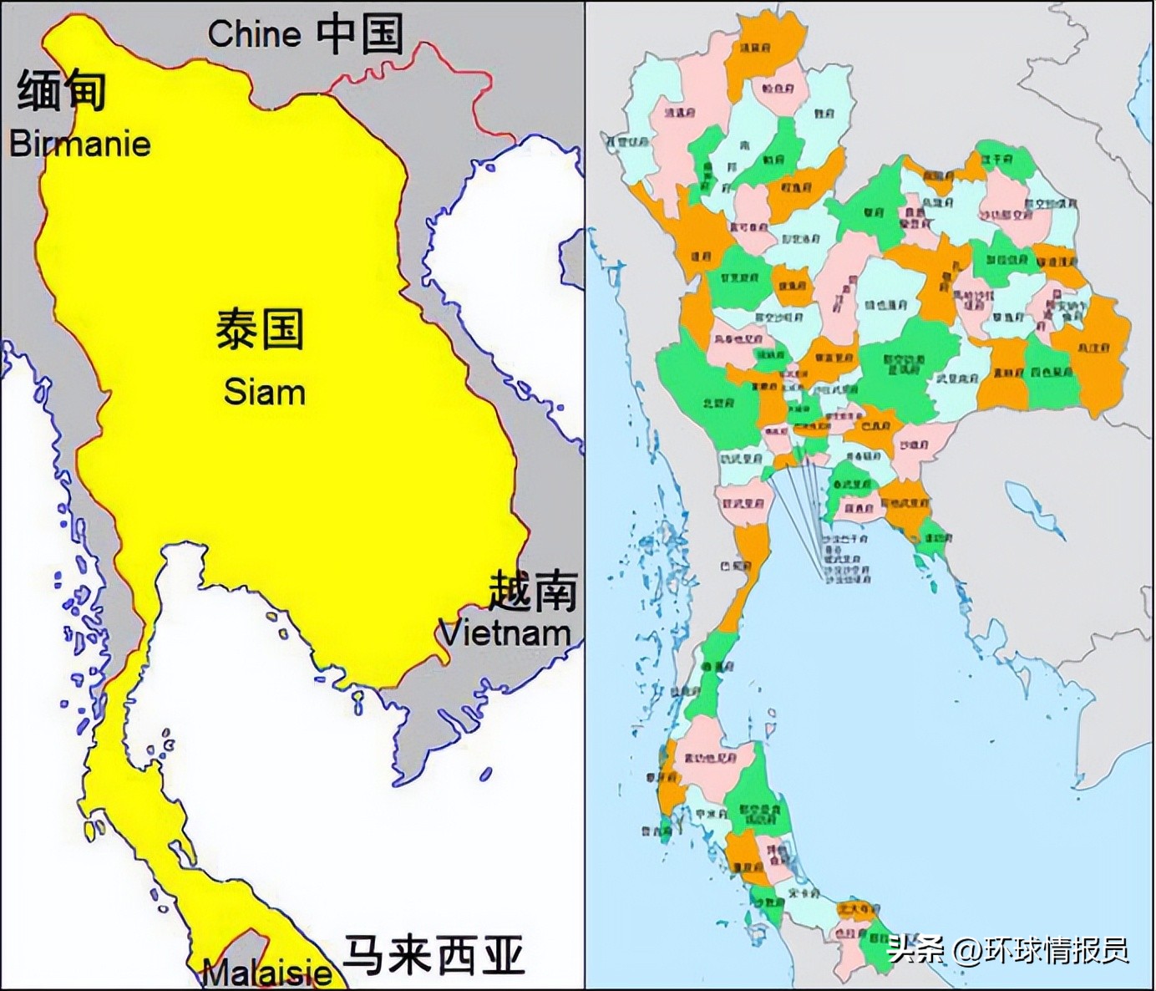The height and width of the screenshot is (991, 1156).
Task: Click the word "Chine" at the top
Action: point(254,34)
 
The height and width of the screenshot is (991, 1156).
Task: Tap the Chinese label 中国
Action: point(360,34)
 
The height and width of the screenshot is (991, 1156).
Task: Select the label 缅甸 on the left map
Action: point(62,90)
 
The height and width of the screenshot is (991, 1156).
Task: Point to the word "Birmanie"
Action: point(80,144)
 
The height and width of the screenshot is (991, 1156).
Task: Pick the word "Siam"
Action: point(264,392)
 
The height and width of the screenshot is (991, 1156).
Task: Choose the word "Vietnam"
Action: point(505,633)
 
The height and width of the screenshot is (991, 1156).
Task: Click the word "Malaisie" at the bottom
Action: point(267,973)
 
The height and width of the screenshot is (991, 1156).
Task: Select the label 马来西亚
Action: point(434,955)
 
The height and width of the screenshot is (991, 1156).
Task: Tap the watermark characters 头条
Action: point(916,950)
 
